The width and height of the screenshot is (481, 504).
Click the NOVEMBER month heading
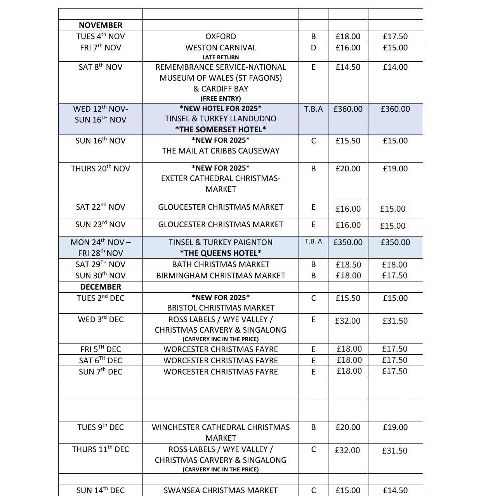pyautogui.click(x=100, y=25)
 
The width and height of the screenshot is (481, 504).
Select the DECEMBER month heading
pyautogui.click(x=101, y=287)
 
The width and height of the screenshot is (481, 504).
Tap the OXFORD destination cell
pyautogui.click(x=221, y=36)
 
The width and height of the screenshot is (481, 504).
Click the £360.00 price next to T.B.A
pyautogui.click(x=348, y=109)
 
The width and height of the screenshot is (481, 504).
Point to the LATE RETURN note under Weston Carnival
pyautogui.click(x=221, y=57)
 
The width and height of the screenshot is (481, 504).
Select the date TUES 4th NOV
pyautogui.click(x=101, y=36)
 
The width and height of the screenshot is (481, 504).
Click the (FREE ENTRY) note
pyautogui.click(x=221, y=98)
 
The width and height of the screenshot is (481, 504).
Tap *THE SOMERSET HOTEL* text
pyautogui.click(x=221, y=129)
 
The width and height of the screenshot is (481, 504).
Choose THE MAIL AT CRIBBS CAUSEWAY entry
pyautogui.click(x=221, y=151)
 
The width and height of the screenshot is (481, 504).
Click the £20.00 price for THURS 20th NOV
pyautogui.click(x=348, y=169)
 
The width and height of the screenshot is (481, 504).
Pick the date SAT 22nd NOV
pyautogui.click(x=101, y=207)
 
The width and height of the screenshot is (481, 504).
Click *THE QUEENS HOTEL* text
pyautogui.click(x=221, y=253)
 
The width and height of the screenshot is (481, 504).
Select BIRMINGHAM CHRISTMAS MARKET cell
pyautogui.click(x=221, y=276)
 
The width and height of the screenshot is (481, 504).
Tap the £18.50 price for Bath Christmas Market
pyautogui.click(x=348, y=265)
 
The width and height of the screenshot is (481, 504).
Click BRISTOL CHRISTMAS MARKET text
pyautogui.click(x=221, y=308)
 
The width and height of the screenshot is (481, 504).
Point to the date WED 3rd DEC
pyautogui.click(x=101, y=319)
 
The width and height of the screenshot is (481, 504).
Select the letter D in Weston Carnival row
pyautogui.click(x=313, y=48)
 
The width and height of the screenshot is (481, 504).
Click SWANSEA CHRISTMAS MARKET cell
pyautogui.click(x=221, y=490)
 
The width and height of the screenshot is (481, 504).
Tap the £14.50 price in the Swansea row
pyautogui.click(x=395, y=490)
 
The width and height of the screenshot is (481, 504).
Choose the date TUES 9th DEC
pyautogui.click(x=101, y=427)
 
